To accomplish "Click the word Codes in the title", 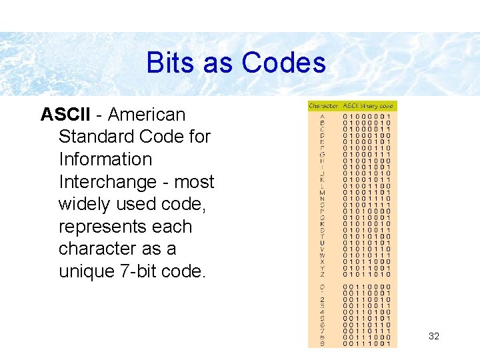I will click(284, 63).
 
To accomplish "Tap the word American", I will click(147, 115).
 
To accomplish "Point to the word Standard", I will click(98, 137).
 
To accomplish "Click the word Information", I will click(105, 159).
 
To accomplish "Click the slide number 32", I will click(434, 337).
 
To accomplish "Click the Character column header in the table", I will click(323, 106).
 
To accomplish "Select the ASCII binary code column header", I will click(369, 106).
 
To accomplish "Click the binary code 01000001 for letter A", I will click(367, 116).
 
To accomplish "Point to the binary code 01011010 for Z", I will click(367, 274).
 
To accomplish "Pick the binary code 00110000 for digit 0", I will click(367, 287).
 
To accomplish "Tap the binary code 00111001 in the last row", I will click(367, 343).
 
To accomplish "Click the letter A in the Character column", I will click(323, 116).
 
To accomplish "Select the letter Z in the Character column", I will click(323, 274).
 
